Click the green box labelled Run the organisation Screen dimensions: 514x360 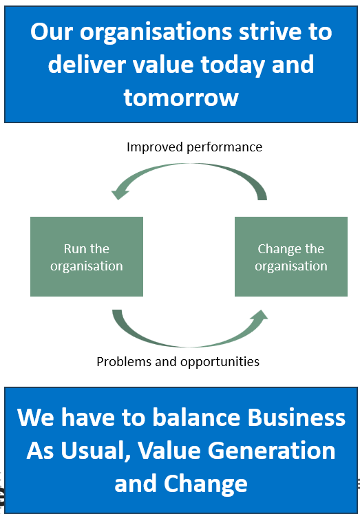pyautogui.click(x=87, y=256)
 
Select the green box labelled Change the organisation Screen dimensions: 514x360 pyautogui.click(x=290, y=256)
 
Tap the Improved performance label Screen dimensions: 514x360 pyautogui.click(x=194, y=147)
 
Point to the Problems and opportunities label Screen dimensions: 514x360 pyautogui.click(x=178, y=361)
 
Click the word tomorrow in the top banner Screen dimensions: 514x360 pyautogui.click(x=181, y=97)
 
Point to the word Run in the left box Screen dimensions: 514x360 pyautogui.click(x=75, y=248)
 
